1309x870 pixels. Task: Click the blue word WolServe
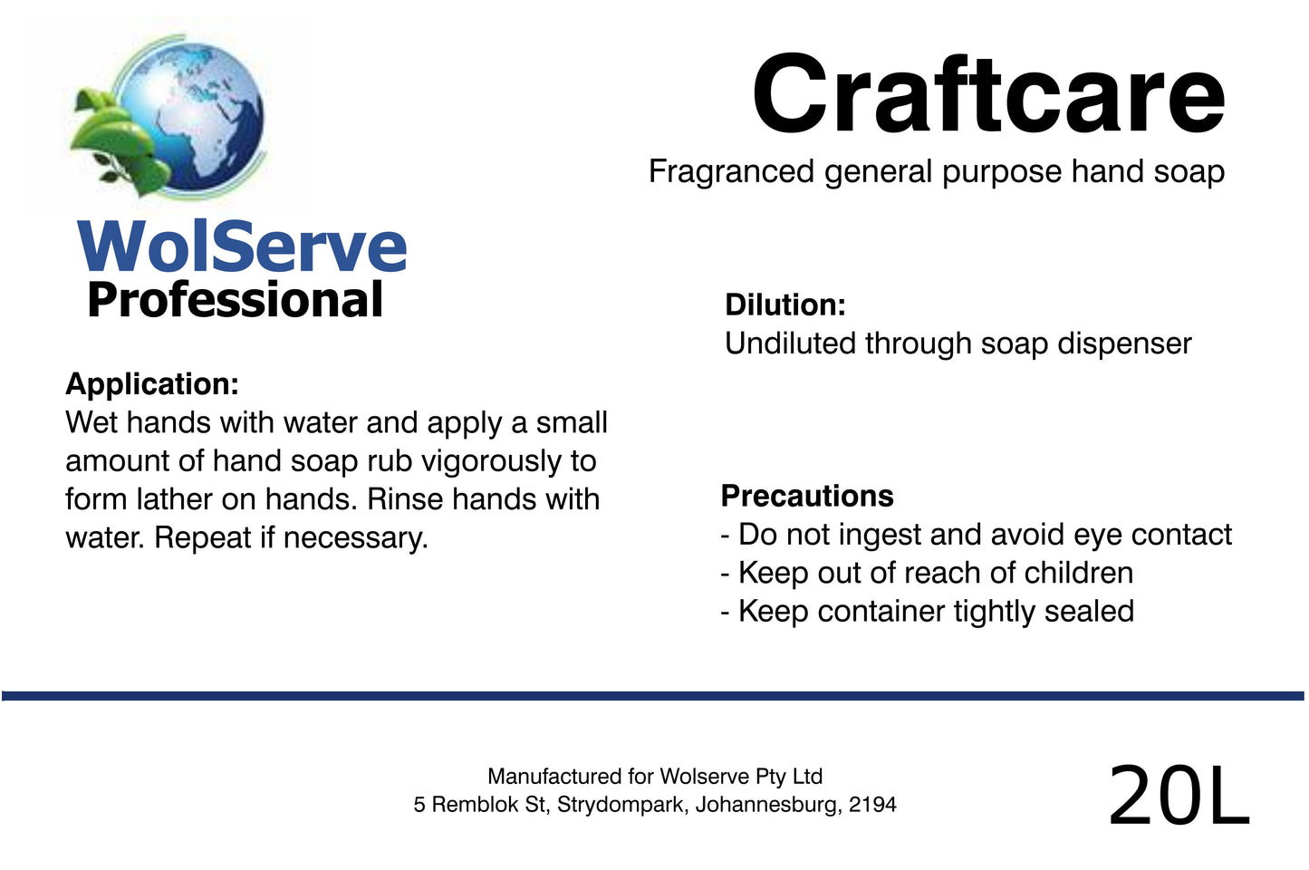pyautogui.click(x=242, y=246)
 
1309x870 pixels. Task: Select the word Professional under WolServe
pyautogui.click(x=236, y=301)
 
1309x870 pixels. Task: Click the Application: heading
pyautogui.click(x=152, y=384)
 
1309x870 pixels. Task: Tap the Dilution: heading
pyautogui.click(x=784, y=304)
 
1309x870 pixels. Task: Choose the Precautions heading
pyautogui.click(x=806, y=496)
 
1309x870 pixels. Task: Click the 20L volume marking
pyautogui.click(x=1178, y=796)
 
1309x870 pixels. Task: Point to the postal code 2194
pyautogui.click(x=872, y=805)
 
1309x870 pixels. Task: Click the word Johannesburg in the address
pyautogui.click(x=767, y=805)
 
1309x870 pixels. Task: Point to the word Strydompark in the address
pyautogui.click(x=621, y=805)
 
